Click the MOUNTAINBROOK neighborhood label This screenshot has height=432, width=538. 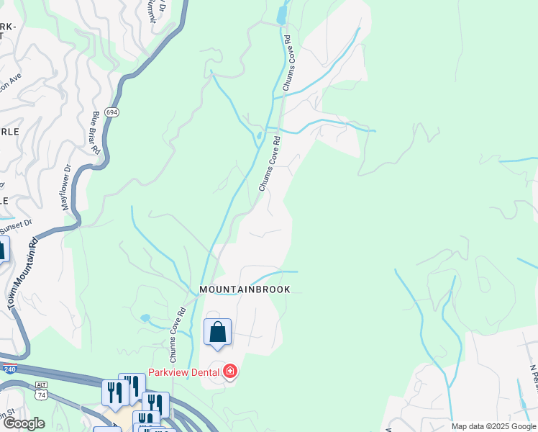pyautogui.click(x=245, y=289)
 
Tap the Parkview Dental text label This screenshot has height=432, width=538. pyautogui.click(x=185, y=372)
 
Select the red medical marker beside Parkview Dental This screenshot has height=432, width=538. pyautogui.click(x=230, y=372)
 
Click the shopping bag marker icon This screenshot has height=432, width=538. pyautogui.click(x=217, y=332)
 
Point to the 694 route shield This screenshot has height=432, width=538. pyautogui.click(x=111, y=113)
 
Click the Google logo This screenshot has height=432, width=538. pyautogui.click(x=24, y=423)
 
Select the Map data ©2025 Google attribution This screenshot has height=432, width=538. pyautogui.click(x=493, y=426)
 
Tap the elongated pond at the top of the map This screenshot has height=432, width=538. pyautogui.click(x=281, y=15)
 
